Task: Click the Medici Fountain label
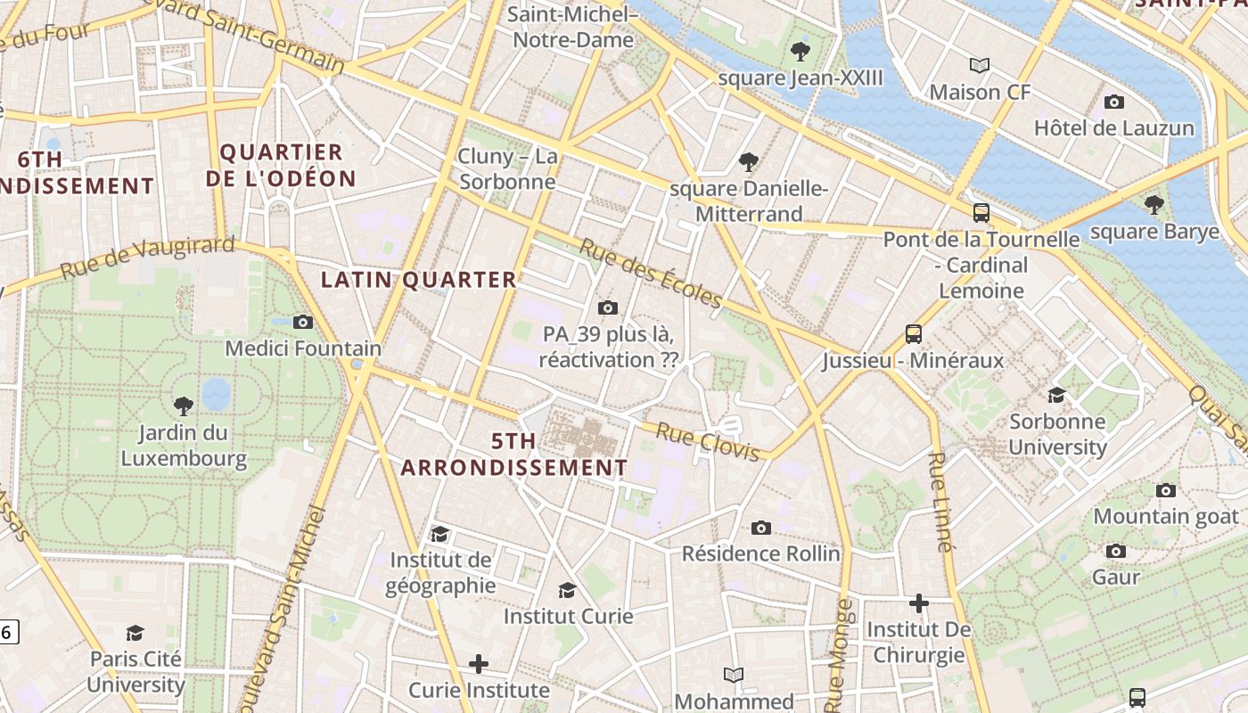click(303, 348)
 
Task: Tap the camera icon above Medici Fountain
click(303, 322)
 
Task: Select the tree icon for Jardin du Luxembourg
click(184, 406)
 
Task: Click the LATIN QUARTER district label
click(419, 280)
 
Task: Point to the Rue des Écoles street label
click(651, 274)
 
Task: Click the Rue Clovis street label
click(708, 442)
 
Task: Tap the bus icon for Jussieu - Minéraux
click(914, 334)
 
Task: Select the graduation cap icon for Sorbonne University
click(1057, 395)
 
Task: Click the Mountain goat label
click(1165, 516)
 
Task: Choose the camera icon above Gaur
click(1116, 551)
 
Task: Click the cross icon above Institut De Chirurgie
click(919, 603)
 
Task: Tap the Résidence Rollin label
click(760, 553)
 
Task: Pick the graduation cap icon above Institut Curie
click(568, 590)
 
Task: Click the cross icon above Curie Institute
click(479, 664)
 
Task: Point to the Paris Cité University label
click(136, 672)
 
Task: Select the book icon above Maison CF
click(980, 65)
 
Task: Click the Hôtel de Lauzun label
click(1113, 127)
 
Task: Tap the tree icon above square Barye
click(1154, 205)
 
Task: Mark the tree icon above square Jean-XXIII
click(801, 52)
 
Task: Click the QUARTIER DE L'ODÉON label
click(281, 165)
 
